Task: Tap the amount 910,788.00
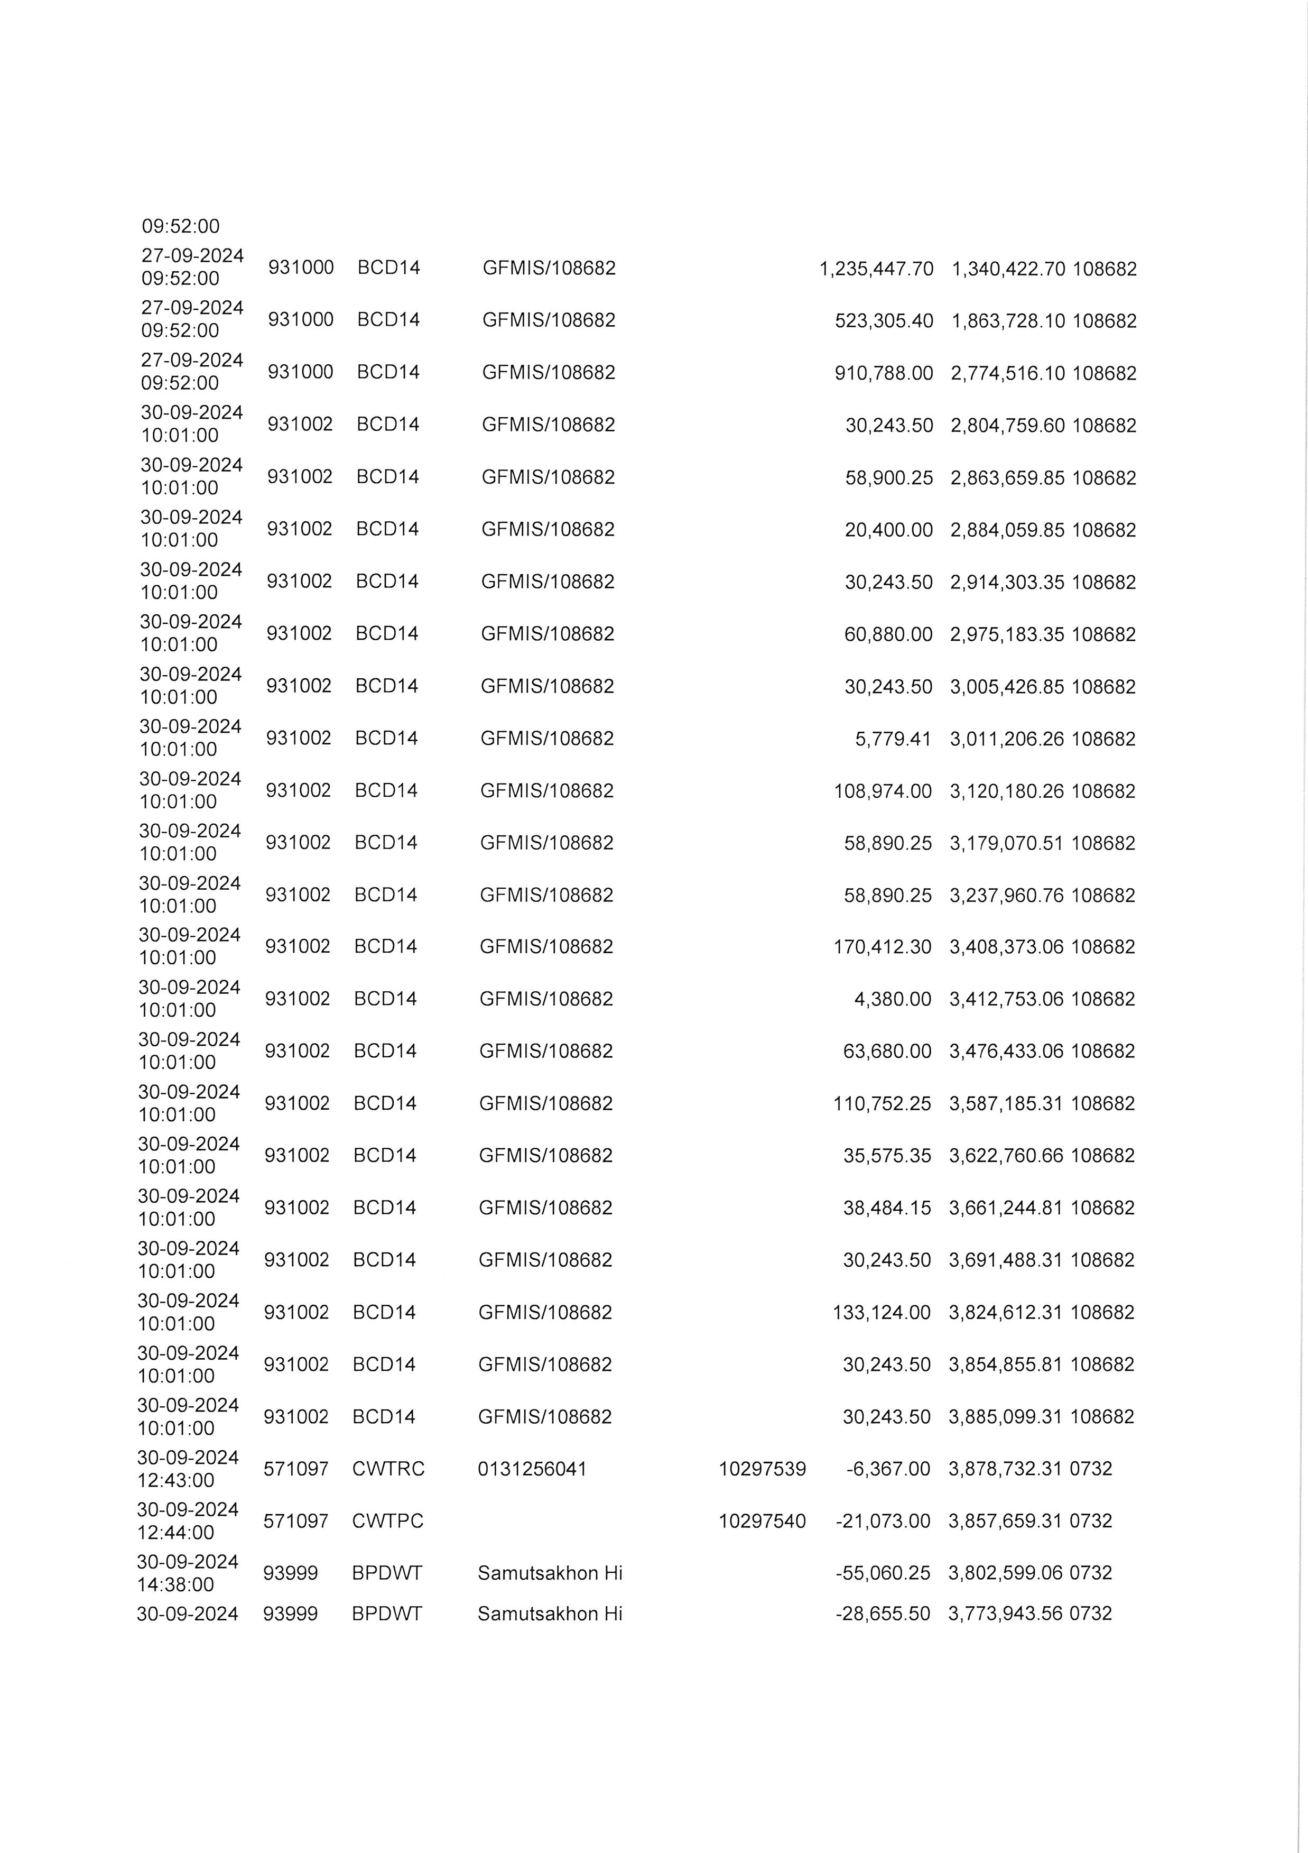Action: pos(884,373)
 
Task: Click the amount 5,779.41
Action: pos(893,739)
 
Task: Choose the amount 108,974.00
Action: pos(883,791)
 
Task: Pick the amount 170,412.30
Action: pos(882,947)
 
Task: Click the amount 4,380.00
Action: pos(893,999)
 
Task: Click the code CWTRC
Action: pos(388,1469)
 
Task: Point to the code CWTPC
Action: pos(387,1522)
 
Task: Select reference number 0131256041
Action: pos(532,1469)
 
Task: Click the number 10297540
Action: pos(762,1522)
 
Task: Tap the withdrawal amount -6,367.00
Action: pos(888,1469)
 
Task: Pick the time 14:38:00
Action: pos(176,1584)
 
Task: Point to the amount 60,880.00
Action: pos(888,634)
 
